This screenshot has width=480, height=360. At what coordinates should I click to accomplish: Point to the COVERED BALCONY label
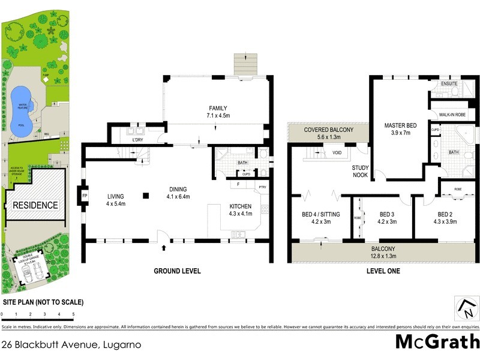pos(328,130)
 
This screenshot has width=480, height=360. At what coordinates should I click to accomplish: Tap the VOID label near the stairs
pos(338,153)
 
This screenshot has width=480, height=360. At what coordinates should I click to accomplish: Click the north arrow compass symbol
pos(465,308)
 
